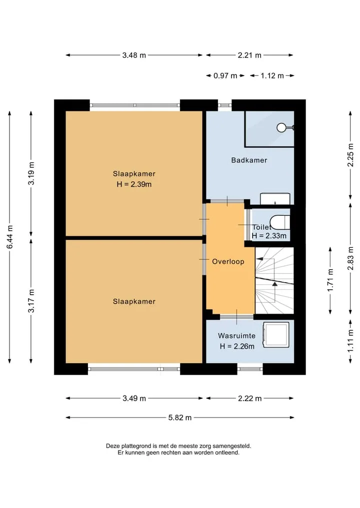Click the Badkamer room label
(249, 160)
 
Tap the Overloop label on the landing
(228, 261)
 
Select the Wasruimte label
(237, 336)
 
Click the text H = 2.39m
(134, 184)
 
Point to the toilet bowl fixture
(279, 222)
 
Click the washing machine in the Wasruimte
(276, 335)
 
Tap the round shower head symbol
(281, 128)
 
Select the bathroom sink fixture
(275, 199)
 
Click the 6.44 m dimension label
(9, 237)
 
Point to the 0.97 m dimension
(225, 76)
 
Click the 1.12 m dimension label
(272, 76)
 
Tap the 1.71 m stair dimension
(330, 280)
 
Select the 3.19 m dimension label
(31, 173)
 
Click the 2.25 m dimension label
(350, 155)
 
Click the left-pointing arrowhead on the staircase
(259, 259)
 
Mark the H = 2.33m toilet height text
(269, 236)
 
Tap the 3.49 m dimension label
(134, 398)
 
